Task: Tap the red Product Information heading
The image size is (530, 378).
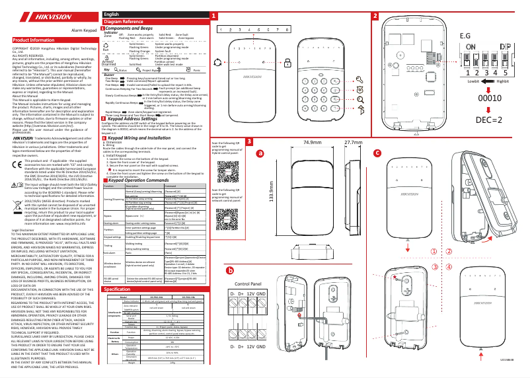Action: [32, 40]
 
